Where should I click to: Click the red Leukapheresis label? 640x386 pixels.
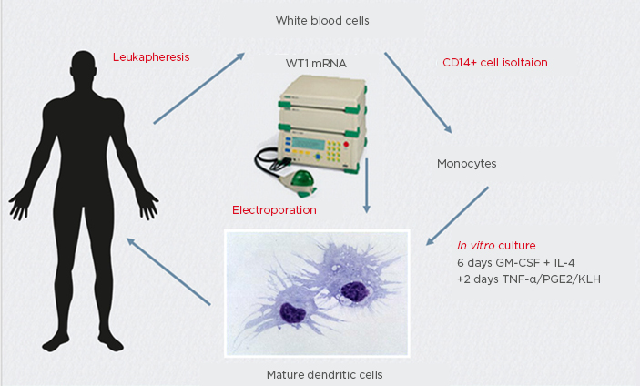pyautogui.click(x=150, y=56)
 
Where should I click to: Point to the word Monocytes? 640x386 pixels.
pyautogui.click(x=466, y=164)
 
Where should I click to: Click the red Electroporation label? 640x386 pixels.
pyautogui.click(x=274, y=209)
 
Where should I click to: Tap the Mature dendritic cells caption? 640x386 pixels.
pyautogui.click(x=316, y=373)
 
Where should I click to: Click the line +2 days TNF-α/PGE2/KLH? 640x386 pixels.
pyautogui.click(x=529, y=279)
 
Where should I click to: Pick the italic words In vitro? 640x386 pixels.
pyautogui.click(x=474, y=246)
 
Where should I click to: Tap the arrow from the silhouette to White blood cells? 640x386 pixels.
pyautogui.click(x=199, y=87)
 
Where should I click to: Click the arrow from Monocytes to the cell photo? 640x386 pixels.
pyautogui.click(x=460, y=215)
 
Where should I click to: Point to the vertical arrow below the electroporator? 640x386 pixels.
pyautogui.click(x=365, y=188)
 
